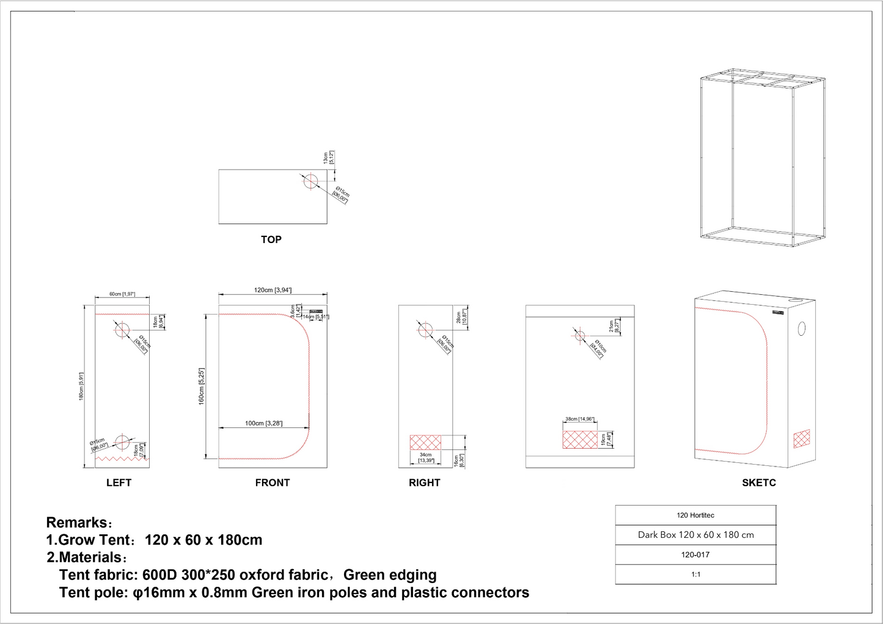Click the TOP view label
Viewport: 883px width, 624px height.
[271, 239]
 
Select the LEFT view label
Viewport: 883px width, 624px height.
[119, 482]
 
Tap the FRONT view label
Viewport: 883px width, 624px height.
[272, 482]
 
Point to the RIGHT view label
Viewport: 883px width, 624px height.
[424, 482]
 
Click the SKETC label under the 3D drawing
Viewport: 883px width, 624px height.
[758, 482]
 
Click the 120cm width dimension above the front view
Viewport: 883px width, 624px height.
[273, 290]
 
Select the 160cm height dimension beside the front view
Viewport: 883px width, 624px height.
[201, 386]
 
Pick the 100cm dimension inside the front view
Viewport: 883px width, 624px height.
[263, 423]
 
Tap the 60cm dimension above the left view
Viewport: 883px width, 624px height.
[122, 294]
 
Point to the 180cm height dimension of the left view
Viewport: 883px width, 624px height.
[81, 386]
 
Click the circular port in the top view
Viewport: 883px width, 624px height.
[310, 181]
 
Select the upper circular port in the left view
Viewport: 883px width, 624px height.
[122, 330]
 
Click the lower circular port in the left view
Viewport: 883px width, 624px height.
[122, 441]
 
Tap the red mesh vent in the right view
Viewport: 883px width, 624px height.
[425, 442]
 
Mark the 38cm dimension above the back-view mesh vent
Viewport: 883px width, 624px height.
[579, 419]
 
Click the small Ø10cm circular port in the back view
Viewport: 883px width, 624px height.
[580, 336]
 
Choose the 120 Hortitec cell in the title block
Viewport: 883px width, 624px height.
[695, 515]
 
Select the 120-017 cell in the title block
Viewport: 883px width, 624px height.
[695, 554]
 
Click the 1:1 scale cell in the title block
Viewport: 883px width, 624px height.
[695, 575]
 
